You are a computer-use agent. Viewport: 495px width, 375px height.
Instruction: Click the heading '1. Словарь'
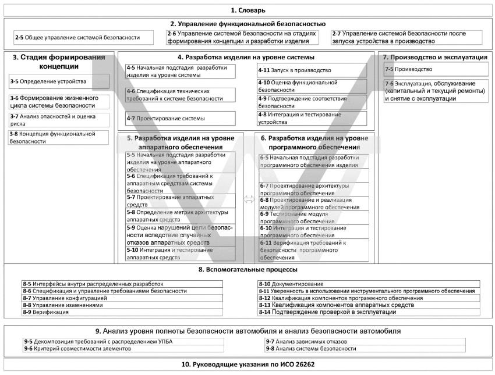(248, 10)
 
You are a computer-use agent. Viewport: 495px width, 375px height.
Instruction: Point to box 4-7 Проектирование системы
(181, 119)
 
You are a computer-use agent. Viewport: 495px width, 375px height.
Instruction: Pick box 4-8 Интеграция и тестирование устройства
(312, 119)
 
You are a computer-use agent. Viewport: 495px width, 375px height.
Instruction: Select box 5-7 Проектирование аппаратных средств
(181, 201)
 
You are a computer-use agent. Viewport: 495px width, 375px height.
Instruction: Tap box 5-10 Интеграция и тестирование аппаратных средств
(181, 253)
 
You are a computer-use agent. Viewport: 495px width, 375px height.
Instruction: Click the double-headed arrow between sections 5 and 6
(249, 199)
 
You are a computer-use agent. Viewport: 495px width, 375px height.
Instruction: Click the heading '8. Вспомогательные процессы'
(248, 270)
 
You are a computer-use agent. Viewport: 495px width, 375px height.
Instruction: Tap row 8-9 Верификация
(122, 312)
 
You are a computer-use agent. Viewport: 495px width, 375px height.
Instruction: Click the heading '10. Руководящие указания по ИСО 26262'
(248, 365)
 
